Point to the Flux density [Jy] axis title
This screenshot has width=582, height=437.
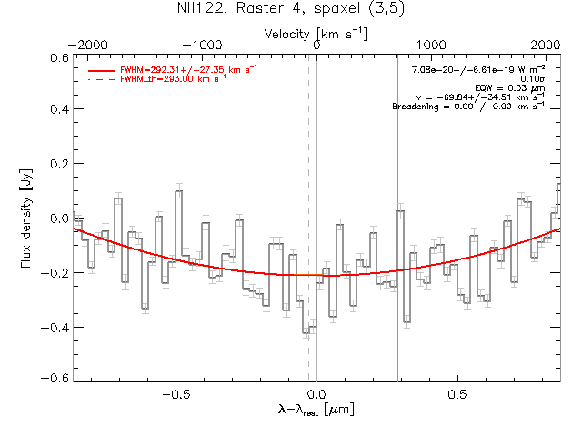[28, 218]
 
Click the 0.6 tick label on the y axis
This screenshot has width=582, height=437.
[58, 56]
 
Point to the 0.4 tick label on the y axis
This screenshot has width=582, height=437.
[58, 110]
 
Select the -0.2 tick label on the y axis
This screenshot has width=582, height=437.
[56, 272]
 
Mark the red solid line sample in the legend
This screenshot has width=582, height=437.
[102, 70]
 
